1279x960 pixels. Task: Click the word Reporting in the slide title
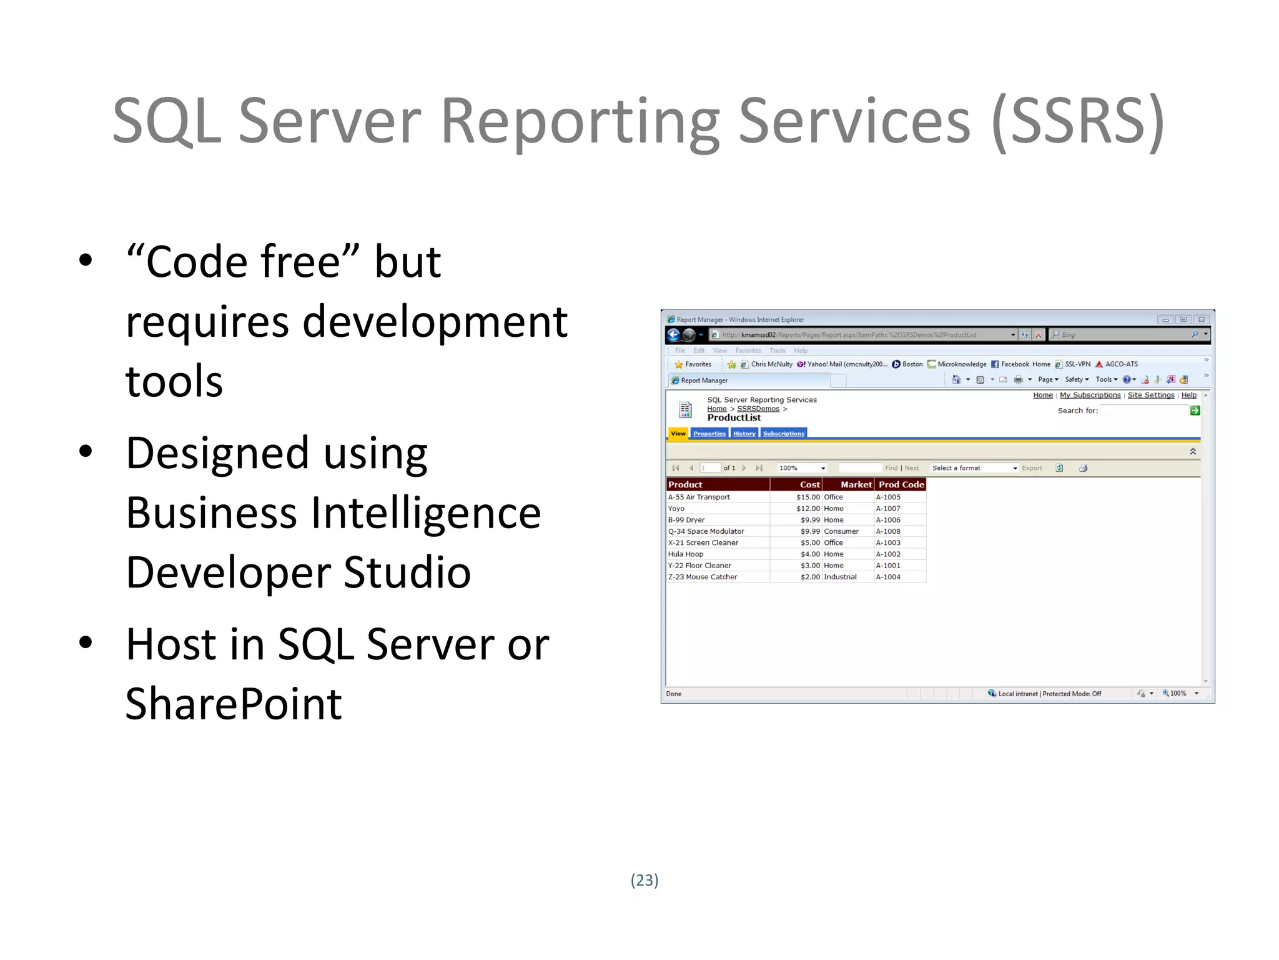[580, 122]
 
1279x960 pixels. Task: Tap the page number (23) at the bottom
[644, 880]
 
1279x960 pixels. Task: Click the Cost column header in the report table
[809, 484]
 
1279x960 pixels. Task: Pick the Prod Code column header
[901, 484]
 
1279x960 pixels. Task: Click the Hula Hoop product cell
[686, 554]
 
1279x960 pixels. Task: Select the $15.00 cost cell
[807, 497]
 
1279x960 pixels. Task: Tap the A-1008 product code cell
[887, 531]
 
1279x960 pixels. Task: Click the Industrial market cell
[840, 577]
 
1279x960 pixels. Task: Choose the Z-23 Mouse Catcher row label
[703, 577]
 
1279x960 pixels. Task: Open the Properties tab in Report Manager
[709, 433]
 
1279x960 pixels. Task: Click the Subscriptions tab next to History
[783, 433]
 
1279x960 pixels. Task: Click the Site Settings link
[1150, 395]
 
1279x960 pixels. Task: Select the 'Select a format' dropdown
[974, 468]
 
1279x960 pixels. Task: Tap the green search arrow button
[1195, 411]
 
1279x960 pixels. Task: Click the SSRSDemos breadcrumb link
[758, 409]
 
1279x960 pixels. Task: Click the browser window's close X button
[1201, 319]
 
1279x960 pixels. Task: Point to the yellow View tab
[678, 433]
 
